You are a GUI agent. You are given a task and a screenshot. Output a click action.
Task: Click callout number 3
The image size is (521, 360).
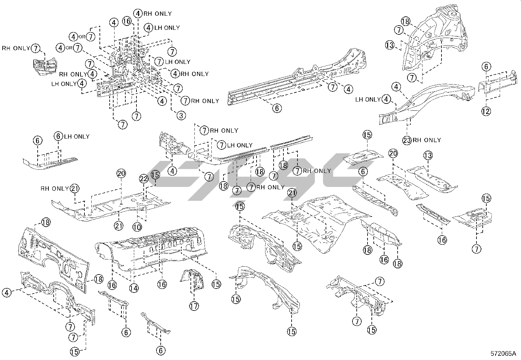click(x=181, y=115)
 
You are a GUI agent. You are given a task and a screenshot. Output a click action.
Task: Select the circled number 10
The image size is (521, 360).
click(x=137, y=226)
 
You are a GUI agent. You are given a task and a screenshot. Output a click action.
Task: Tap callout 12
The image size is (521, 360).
click(x=486, y=111)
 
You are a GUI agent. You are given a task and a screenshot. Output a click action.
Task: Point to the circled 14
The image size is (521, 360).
click(x=133, y=288)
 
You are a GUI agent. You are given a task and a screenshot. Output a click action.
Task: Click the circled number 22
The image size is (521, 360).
click(x=144, y=179)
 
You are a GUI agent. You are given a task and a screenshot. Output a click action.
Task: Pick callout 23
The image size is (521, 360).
click(x=407, y=140)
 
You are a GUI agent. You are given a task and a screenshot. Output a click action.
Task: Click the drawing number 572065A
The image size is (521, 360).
click(x=503, y=353)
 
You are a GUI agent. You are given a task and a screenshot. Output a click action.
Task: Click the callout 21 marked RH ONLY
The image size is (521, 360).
click(x=75, y=189)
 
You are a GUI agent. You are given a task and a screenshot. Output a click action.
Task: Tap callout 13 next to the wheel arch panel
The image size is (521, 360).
click(x=390, y=45)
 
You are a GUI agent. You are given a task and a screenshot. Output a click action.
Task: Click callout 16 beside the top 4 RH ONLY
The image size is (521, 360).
click(x=127, y=21)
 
